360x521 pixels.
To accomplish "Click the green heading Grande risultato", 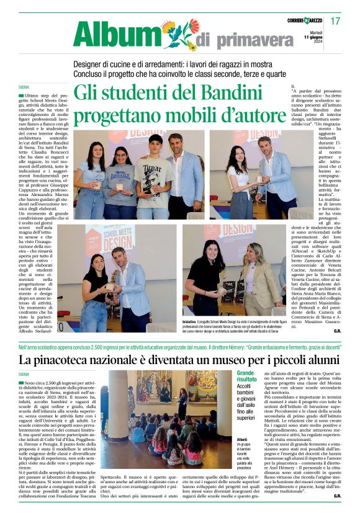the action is [x=246, y=375].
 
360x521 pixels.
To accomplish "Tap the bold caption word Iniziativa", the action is [x=192, y=323].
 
